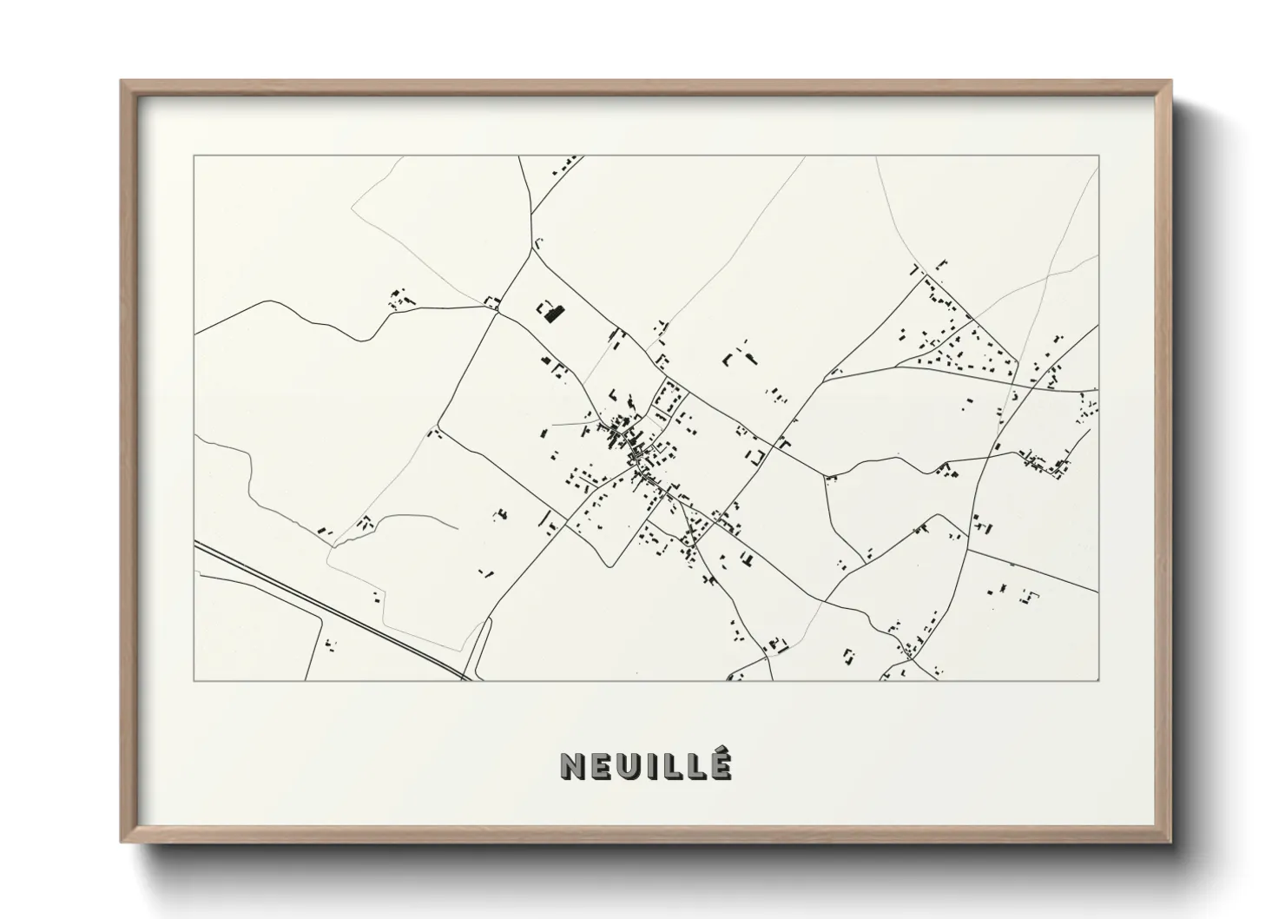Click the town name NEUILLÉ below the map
(x=645, y=765)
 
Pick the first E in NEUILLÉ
(x=599, y=766)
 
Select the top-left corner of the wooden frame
(x=123, y=83)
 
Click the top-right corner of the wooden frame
(x=1169, y=83)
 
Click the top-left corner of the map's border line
(x=194, y=156)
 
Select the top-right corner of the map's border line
(x=1098, y=156)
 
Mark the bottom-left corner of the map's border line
(x=194, y=680)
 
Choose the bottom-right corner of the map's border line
(x=1098, y=680)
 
